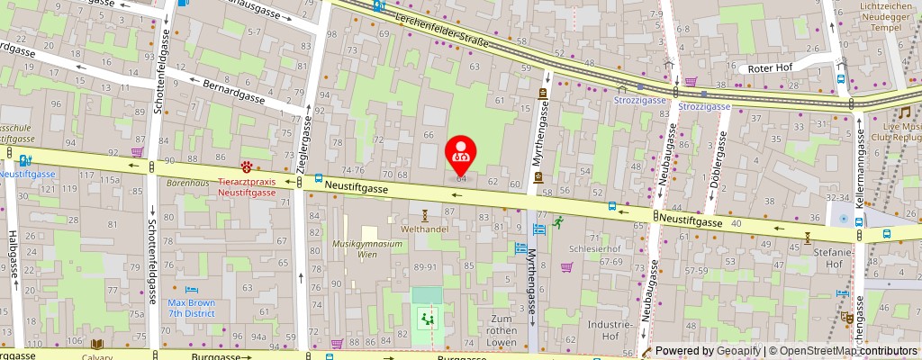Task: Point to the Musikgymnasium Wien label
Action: click(366, 248)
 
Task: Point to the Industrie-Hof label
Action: click(609, 329)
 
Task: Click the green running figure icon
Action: click(558, 221)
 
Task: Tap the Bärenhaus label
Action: click(186, 182)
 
